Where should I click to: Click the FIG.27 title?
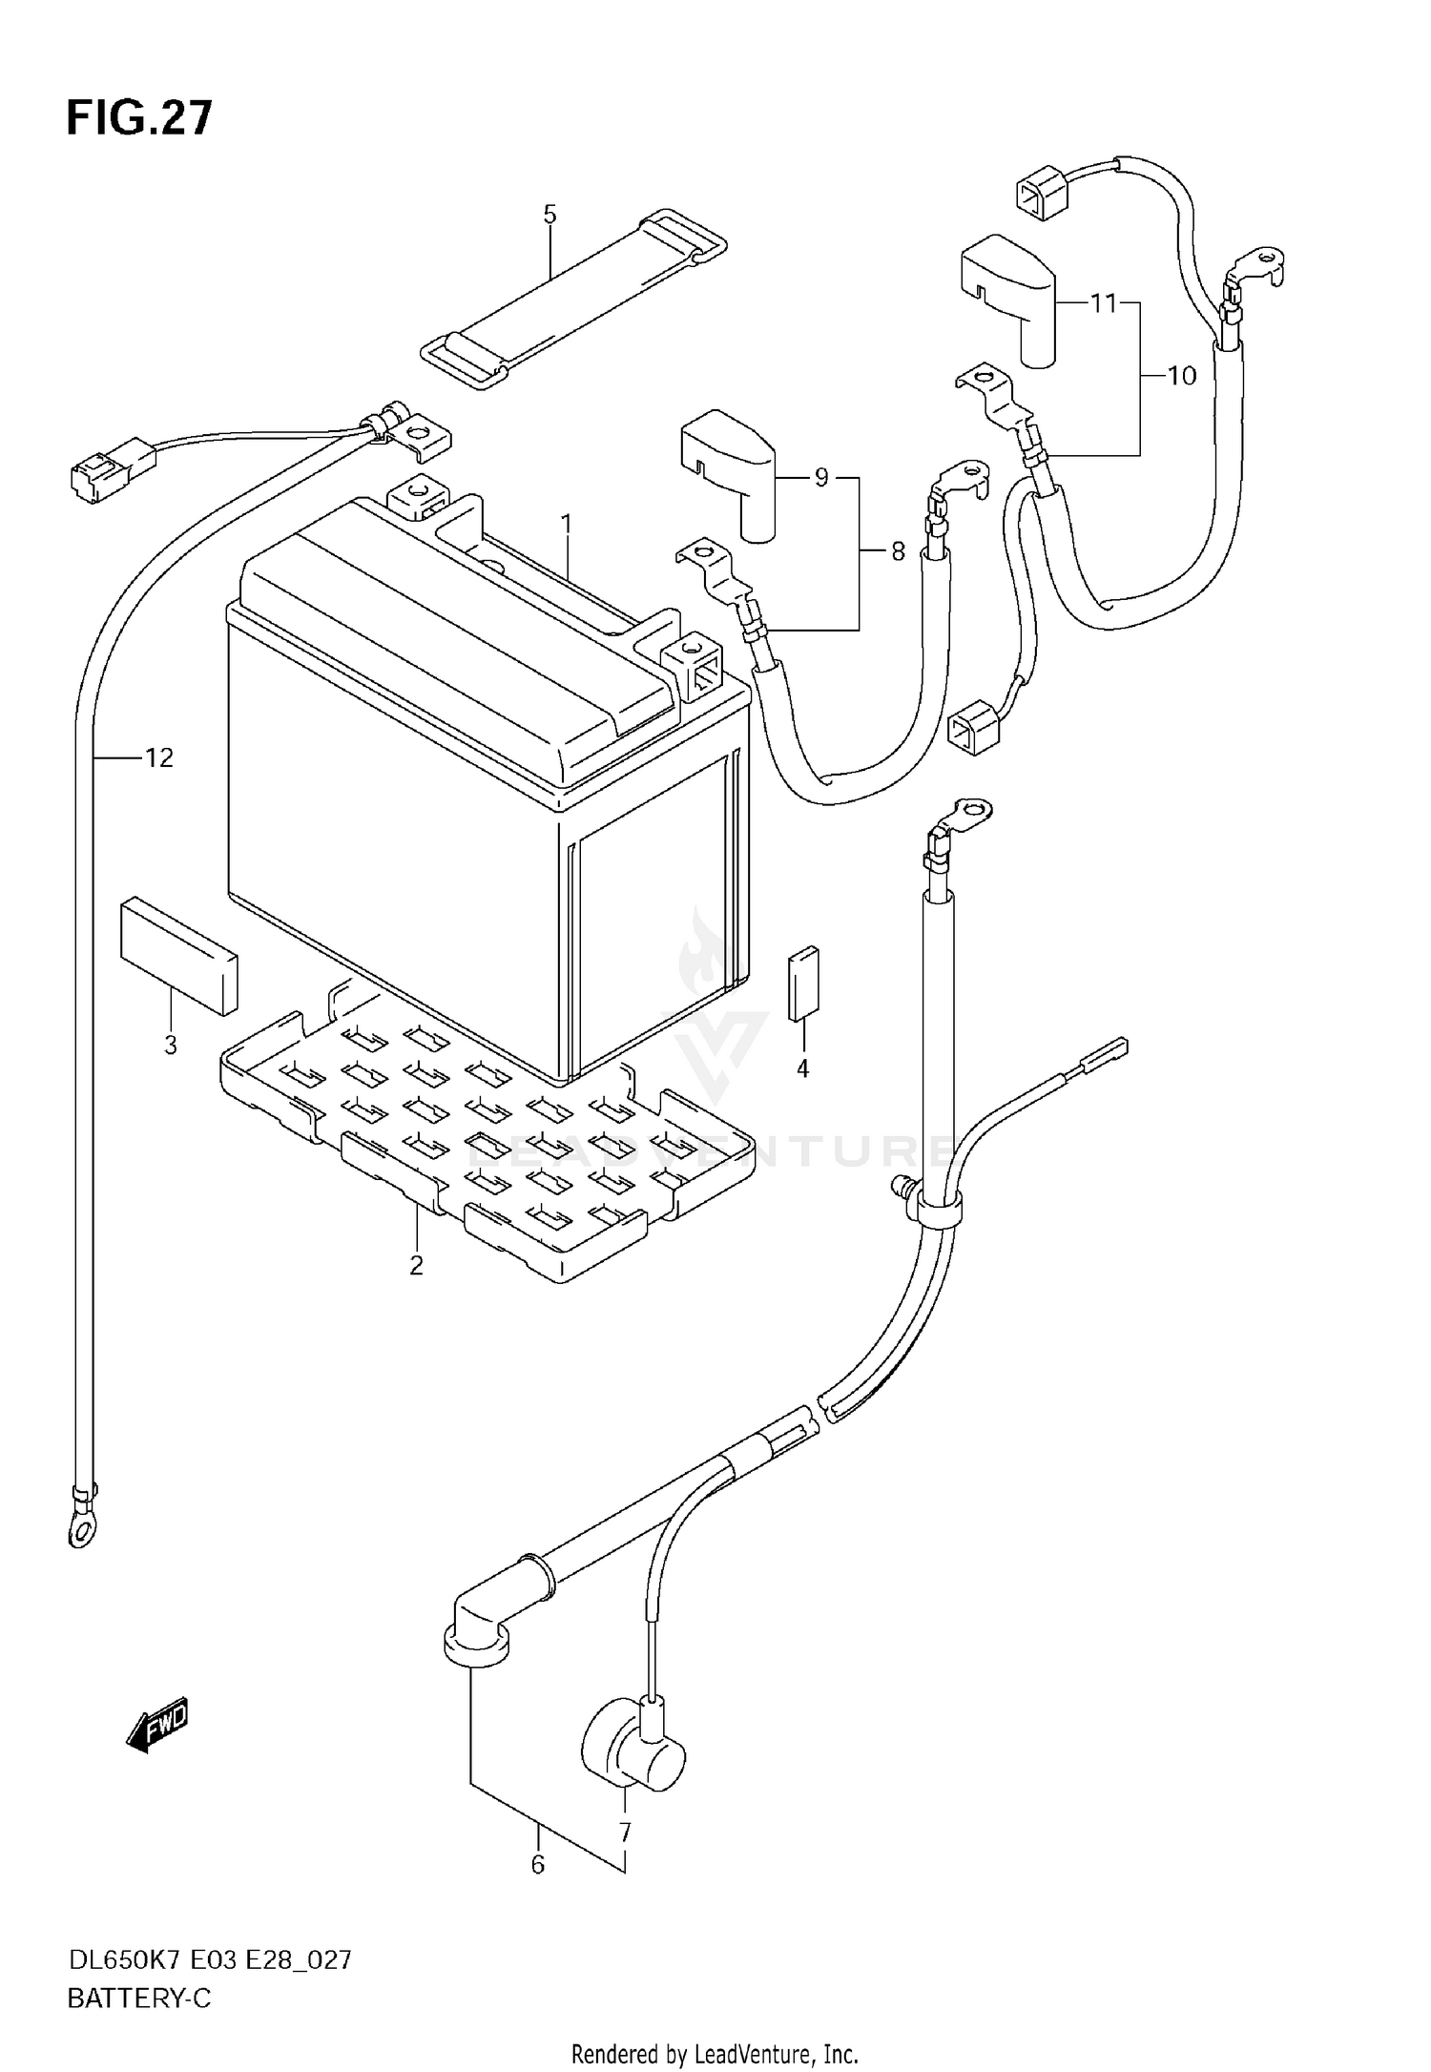(139, 119)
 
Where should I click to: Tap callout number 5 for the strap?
(550, 215)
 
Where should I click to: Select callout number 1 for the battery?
(566, 524)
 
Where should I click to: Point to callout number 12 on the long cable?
(159, 758)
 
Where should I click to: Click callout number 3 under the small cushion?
(171, 1045)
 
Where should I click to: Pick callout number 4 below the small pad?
(802, 1069)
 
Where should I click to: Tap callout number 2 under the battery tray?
(416, 1266)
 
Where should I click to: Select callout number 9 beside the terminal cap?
(821, 478)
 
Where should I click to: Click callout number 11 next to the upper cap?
(1103, 304)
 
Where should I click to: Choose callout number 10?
(1181, 377)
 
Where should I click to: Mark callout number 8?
(898, 551)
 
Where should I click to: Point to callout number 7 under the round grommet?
(625, 1833)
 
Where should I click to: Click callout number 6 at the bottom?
(537, 1864)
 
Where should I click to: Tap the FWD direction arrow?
(157, 1725)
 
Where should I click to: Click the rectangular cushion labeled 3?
(178, 954)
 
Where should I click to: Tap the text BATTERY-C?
(139, 1999)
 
